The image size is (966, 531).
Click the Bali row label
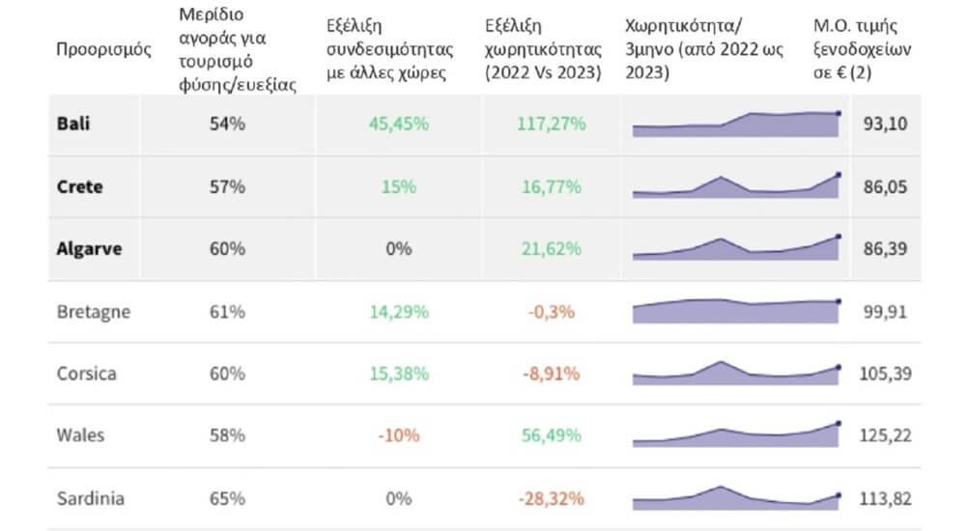73,124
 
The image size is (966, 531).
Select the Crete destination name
79,186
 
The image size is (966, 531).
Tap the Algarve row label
89,249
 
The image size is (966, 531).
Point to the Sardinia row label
91,498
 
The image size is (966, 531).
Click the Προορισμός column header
103,49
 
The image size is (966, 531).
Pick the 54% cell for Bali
227,124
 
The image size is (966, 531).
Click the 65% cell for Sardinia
227,498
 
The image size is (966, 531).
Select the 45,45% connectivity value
399,124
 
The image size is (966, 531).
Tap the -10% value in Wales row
399,435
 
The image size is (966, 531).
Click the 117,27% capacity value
551,124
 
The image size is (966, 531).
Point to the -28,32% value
551,498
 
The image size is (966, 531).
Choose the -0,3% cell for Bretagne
551,312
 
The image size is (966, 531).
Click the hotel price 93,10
885,124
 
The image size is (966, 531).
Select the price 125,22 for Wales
885,435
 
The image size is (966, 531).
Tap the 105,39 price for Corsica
885,374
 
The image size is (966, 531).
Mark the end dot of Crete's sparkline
838,175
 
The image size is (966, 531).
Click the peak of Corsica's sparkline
721,362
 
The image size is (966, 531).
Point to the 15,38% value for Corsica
399,374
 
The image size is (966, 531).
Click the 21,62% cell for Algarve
551,249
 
